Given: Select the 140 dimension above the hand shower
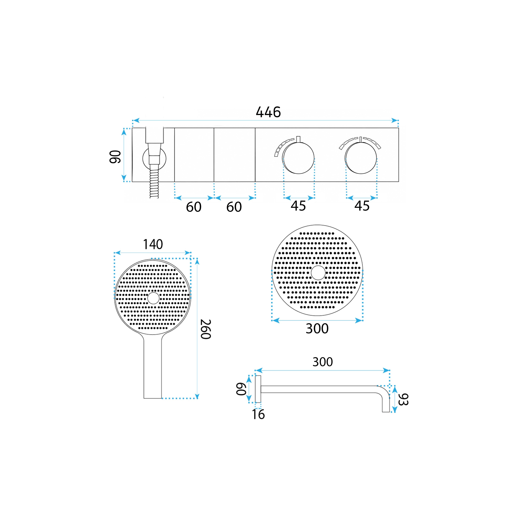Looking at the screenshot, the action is (153, 244).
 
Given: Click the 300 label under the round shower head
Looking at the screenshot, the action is (317, 328).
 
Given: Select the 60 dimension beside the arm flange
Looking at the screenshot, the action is (241, 389).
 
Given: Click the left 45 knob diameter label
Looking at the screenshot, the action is (298, 206).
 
